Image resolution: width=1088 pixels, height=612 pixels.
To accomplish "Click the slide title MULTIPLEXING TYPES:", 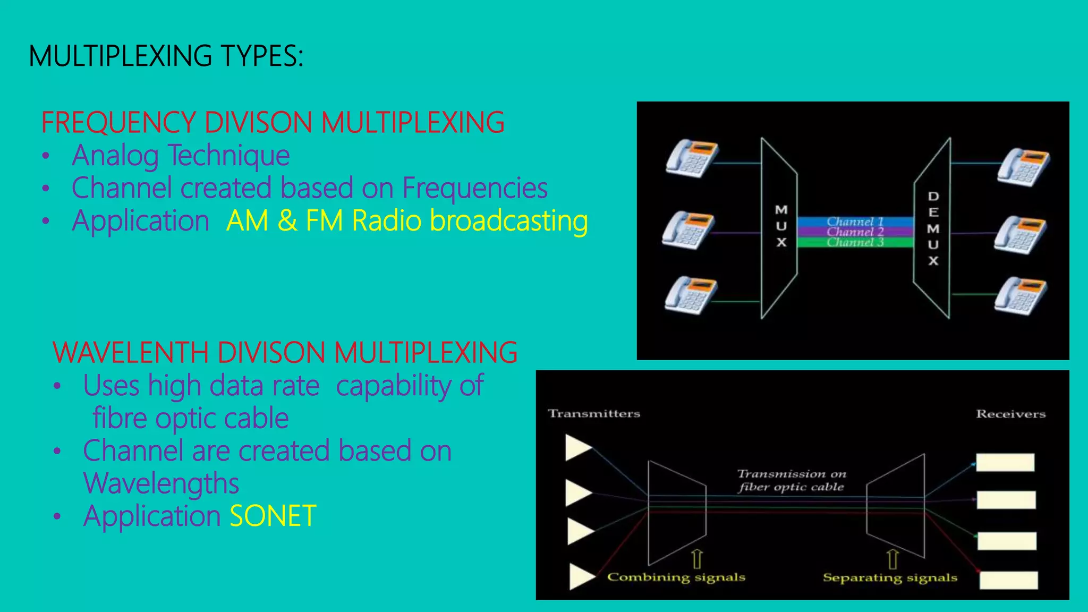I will [166, 56].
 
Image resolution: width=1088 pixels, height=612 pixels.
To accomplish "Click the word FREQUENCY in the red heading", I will [118, 123].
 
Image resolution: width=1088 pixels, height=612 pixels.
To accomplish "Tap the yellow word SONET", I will [273, 516].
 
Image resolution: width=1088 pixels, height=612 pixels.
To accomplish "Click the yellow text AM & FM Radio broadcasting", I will [406, 221].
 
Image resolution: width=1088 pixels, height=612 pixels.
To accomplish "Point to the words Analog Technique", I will [181, 156].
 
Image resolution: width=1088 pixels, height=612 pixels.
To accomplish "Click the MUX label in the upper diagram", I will [781, 226].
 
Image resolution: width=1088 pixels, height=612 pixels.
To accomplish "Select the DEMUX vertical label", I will [933, 228].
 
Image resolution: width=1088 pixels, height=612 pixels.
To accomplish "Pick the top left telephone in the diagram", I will [692, 158].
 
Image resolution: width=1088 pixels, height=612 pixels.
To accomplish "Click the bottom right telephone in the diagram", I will [1021, 295].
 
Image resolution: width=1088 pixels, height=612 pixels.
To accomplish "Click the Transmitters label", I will [594, 414].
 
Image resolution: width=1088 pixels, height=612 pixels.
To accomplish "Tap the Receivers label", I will [1010, 414].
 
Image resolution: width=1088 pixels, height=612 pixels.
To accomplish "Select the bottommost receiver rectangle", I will [1008, 580].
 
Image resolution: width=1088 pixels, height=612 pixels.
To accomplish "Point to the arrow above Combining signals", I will [696, 559].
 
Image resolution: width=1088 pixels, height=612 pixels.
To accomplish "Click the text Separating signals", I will [890, 578].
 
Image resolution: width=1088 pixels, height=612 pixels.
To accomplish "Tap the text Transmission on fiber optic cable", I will [791, 480].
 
